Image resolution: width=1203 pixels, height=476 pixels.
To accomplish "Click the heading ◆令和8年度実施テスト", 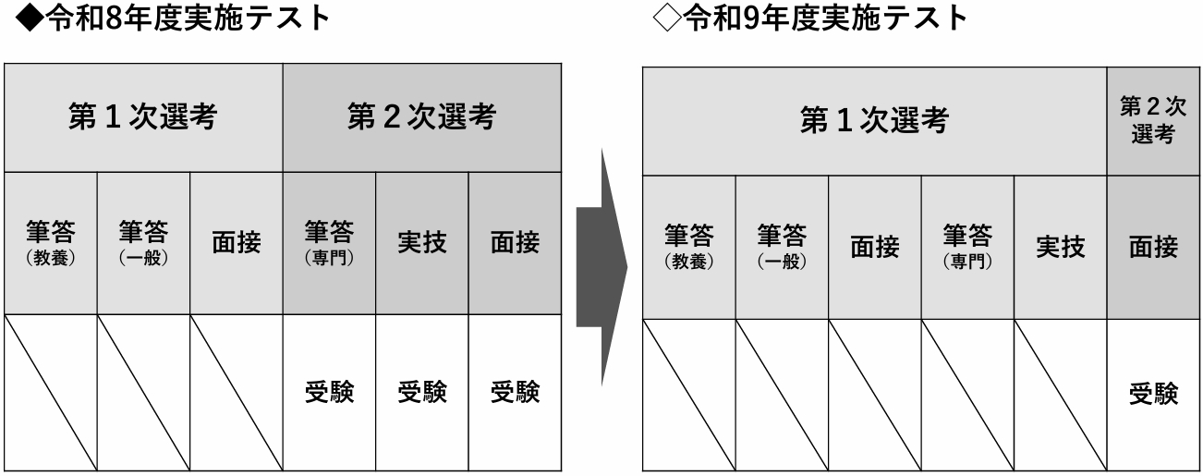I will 166,18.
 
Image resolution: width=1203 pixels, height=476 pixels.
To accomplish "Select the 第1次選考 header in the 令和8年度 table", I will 143,117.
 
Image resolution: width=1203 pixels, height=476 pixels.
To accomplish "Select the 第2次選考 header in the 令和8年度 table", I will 421,117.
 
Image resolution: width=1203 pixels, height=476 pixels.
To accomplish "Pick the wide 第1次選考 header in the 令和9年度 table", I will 874,121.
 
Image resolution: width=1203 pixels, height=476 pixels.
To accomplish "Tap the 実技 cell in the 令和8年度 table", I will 421,243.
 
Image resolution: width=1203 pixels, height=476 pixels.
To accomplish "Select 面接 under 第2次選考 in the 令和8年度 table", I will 515,243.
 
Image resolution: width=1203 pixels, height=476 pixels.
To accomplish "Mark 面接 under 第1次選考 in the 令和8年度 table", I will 237,243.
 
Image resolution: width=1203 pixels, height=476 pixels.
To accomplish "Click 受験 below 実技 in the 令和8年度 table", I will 421,393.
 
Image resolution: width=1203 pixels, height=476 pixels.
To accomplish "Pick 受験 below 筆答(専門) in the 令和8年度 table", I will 329,393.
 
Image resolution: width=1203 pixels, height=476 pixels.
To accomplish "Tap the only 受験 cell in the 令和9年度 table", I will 1153,394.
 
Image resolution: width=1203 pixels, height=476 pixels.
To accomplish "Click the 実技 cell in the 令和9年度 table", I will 1060,247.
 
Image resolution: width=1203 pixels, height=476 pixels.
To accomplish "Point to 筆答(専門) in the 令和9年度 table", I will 967,247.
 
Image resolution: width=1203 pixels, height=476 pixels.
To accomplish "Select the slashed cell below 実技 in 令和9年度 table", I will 1060,394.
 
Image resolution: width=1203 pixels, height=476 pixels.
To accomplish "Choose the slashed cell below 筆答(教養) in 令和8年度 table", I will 51,393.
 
